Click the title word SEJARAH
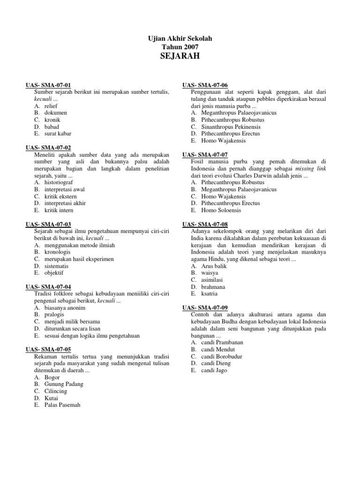point(180,56)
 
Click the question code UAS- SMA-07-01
point(48,85)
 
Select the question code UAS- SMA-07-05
point(48,349)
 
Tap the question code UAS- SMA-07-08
point(205,224)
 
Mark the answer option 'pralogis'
point(54,315)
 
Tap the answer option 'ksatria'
point(210,293)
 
